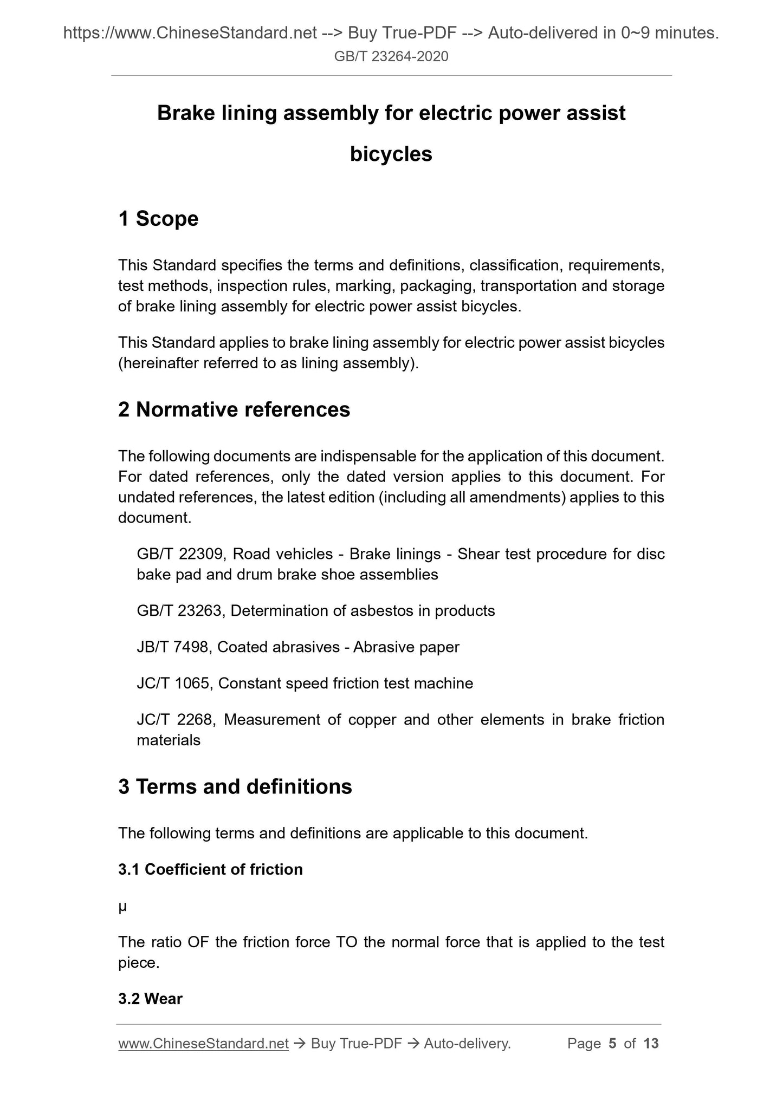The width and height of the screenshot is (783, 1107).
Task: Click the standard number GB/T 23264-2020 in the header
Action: (x=391, y=56)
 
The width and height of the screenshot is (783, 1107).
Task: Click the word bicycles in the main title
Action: (x=391, y=154)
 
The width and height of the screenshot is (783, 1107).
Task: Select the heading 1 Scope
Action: (x=158, y=219)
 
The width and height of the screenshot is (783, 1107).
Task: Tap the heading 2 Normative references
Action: (x=234, y=409)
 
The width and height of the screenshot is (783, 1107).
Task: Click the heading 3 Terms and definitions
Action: (x=235, y=786)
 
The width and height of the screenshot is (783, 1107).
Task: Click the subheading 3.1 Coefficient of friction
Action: (x=210, y=869)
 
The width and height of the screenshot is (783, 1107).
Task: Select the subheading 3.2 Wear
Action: (x=150, y=999)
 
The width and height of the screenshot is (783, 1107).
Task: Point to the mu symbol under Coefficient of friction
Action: (x=122, y=906)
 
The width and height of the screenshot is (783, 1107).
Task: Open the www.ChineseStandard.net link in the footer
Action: (x=203, y=1044)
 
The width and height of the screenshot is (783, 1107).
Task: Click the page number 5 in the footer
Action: (x=612, y=1044)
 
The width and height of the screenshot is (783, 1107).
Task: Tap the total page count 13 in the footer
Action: (x=651, y=1044)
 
